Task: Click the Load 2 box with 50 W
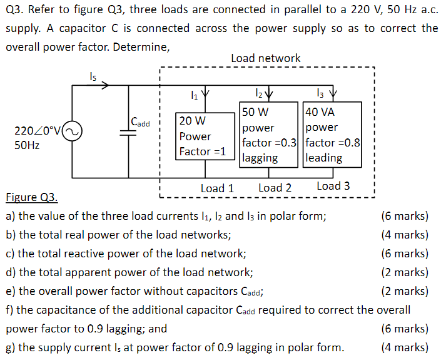tap(268, 135)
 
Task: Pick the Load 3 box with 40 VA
tap(332, 135)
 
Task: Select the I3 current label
tap(323, 95)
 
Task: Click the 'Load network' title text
tap(265, 58)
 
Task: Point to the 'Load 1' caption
tap(217, 188)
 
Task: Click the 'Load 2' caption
tap(275, 188)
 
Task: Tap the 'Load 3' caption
tap(333, 186)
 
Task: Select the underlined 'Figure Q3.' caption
tap(31, 198)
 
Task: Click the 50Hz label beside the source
tap(27, 145)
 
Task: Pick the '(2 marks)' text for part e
tap(405, 291)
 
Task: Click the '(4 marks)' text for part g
tap(405, 347)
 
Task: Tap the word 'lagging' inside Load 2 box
tap(260, 158)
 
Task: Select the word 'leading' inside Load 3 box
tap(323, 158)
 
